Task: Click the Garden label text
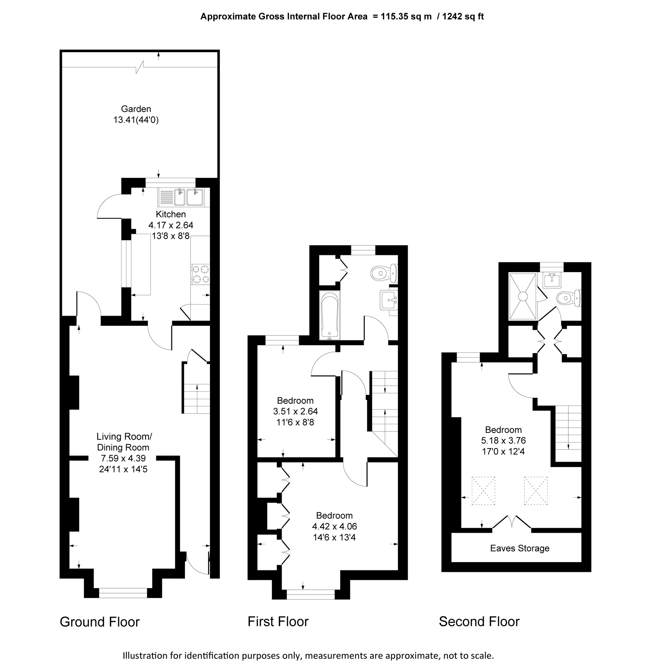[136, 109]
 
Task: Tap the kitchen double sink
[189, 197]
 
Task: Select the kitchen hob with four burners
[200, 274]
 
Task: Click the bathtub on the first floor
[330, 316]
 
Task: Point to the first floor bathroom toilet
[380, 273]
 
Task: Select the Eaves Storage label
[520, 548]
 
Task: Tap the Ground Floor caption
[100, 622]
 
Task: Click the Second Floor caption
[479, 621]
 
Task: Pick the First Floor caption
[278, 621]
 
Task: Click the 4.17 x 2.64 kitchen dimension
[171, 225]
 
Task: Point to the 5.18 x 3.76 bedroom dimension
[503, 440]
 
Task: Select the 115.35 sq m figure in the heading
[406, 16]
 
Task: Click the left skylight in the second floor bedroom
[483, 491]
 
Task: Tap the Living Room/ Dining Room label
[124, 442]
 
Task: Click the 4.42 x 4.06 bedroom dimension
[334, 526]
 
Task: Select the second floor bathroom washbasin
[552, 280]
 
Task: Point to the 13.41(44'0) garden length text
[136, 120]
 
